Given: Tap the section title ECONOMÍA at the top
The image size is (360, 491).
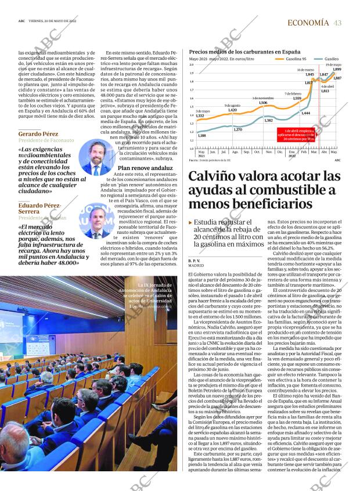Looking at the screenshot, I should point(308,23).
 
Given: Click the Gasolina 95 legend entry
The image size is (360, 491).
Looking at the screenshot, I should point(296,59).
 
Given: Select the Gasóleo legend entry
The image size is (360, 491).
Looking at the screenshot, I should point(331,59).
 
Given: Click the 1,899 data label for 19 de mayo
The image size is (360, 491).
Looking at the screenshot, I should point(337,69).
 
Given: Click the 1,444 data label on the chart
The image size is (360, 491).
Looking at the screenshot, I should point(305,113).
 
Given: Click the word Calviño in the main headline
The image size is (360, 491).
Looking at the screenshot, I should point(216,176).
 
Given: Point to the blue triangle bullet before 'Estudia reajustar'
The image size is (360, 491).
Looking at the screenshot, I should point(190,222).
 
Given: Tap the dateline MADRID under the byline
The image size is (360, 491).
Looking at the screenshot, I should point(196,267).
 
